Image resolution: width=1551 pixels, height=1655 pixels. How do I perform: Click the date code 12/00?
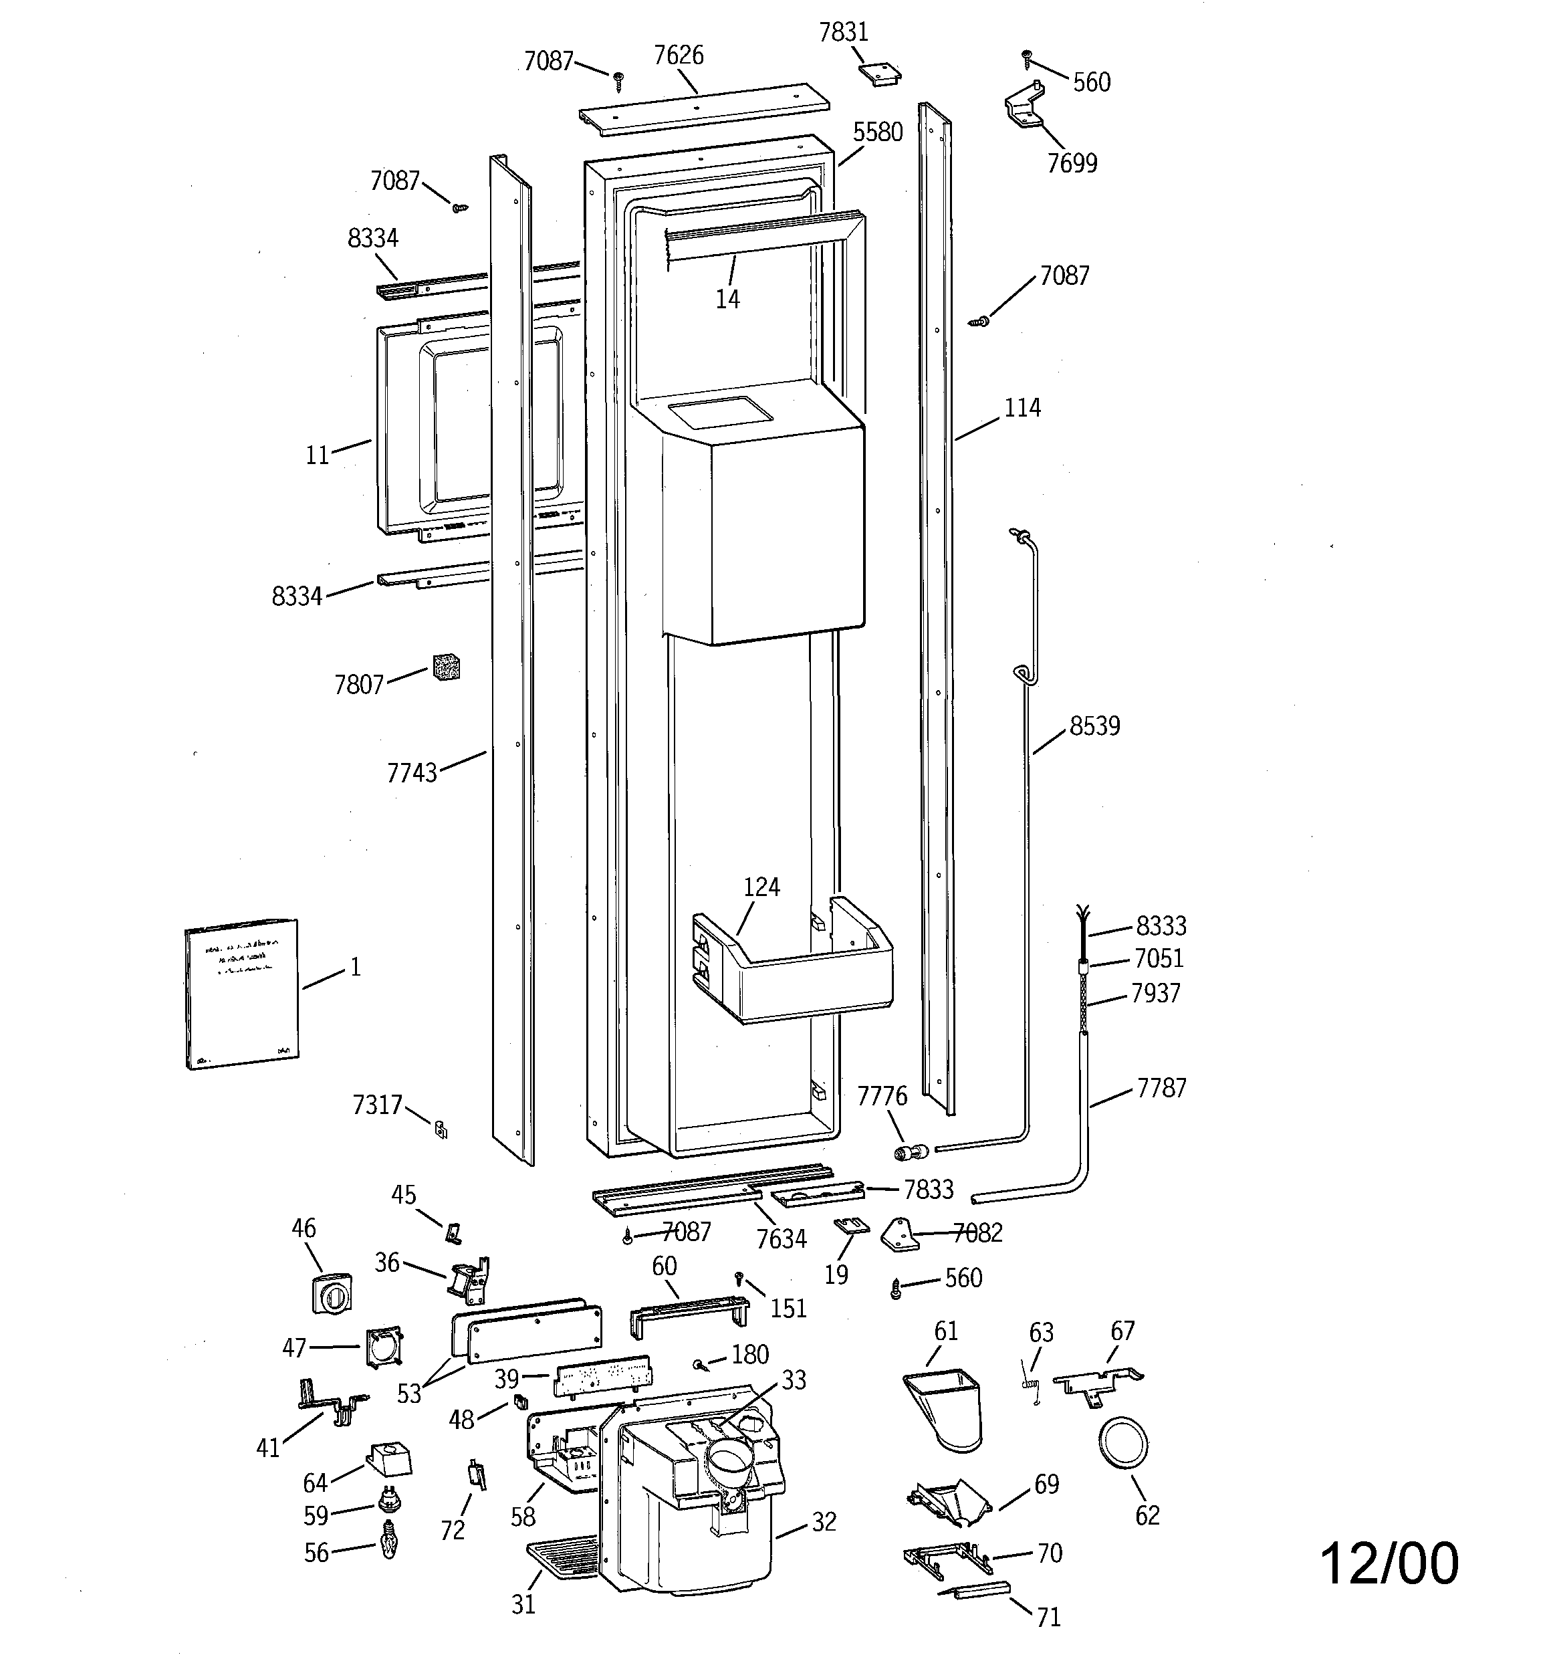[x=1389, y=1563]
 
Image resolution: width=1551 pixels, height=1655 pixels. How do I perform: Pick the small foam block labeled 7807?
[x=446, y=667]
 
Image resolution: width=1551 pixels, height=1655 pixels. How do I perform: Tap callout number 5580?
[x=878, y=132]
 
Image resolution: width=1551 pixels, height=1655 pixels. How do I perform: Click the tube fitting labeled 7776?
[x=909, y=1153]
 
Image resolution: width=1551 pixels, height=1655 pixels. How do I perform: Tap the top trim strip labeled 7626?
[x=703, y=109]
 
